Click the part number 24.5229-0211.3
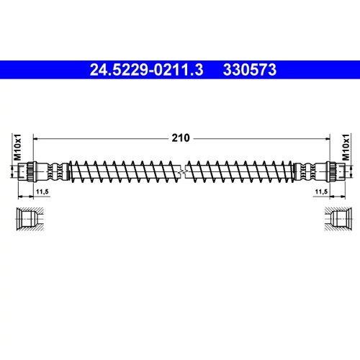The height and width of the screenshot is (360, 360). [146, 70]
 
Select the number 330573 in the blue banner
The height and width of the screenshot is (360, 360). [250, 70]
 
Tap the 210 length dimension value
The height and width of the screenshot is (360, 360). [181, 138]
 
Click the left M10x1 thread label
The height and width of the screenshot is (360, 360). [17, 147]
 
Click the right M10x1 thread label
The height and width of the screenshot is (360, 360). [346, 147]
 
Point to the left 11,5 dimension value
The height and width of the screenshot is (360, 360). [42, 192]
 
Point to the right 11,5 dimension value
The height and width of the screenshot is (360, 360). [321, 192]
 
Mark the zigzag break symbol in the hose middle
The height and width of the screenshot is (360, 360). [182, 172]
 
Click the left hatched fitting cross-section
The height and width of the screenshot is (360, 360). [30, 219]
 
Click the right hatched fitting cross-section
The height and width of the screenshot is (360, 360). [338, 219]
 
